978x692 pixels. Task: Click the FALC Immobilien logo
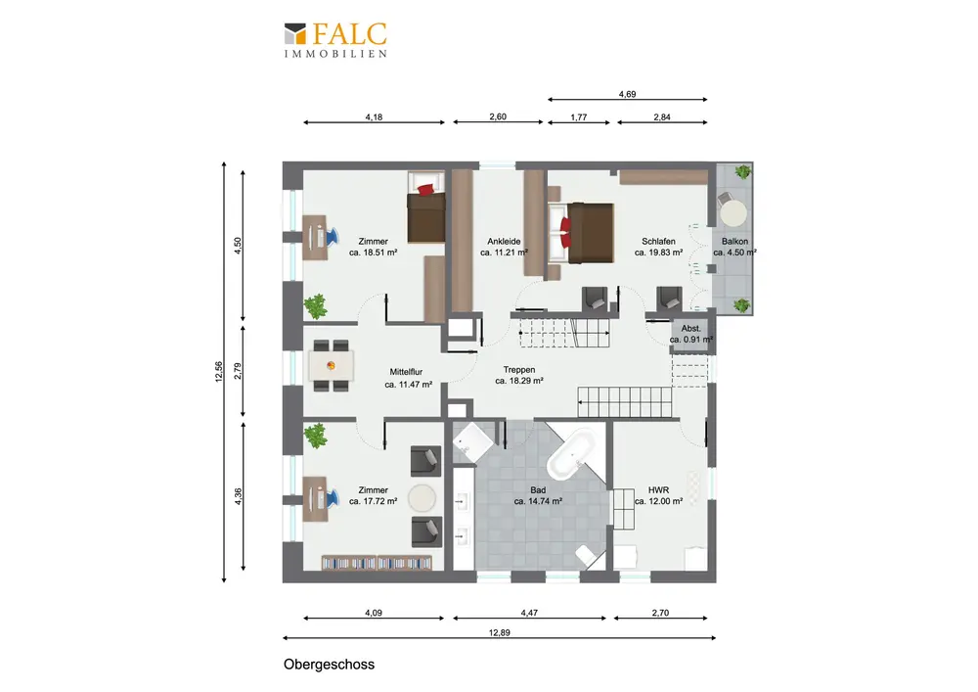335,40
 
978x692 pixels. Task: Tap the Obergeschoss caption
329,664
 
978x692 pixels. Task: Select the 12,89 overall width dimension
499,632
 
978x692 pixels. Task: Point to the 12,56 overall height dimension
218,372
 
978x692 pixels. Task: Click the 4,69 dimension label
627,94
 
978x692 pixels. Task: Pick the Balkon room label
734,242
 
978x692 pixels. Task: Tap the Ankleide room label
504,242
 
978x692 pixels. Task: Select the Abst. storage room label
690,328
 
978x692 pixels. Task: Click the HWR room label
658,489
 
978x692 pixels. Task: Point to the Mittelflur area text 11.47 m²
409,385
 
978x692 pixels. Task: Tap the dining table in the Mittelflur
332,366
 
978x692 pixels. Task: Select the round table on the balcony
733,212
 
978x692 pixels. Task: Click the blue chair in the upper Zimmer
332,236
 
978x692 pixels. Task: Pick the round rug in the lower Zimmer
422,498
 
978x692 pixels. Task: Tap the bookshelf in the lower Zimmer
377,563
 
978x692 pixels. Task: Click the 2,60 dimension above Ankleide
498,116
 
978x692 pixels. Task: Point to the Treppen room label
519,370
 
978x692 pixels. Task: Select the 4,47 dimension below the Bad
529,613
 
